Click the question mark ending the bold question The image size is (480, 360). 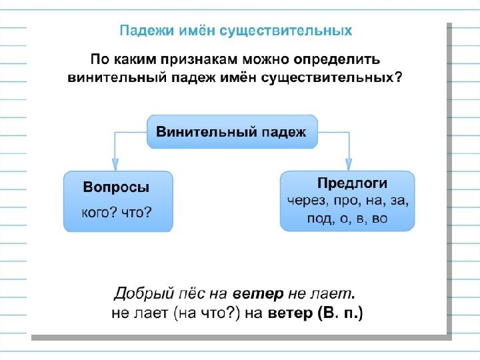tap(399, 78)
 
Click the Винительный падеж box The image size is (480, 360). tap(232, 131)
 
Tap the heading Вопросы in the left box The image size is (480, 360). tap(116, 188)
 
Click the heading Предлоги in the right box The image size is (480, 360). tap(352, 183)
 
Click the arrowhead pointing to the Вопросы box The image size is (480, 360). tap(115, 163)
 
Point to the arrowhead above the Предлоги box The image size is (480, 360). tap(347, 163)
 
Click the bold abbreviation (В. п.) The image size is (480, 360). tap(341, 313)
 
